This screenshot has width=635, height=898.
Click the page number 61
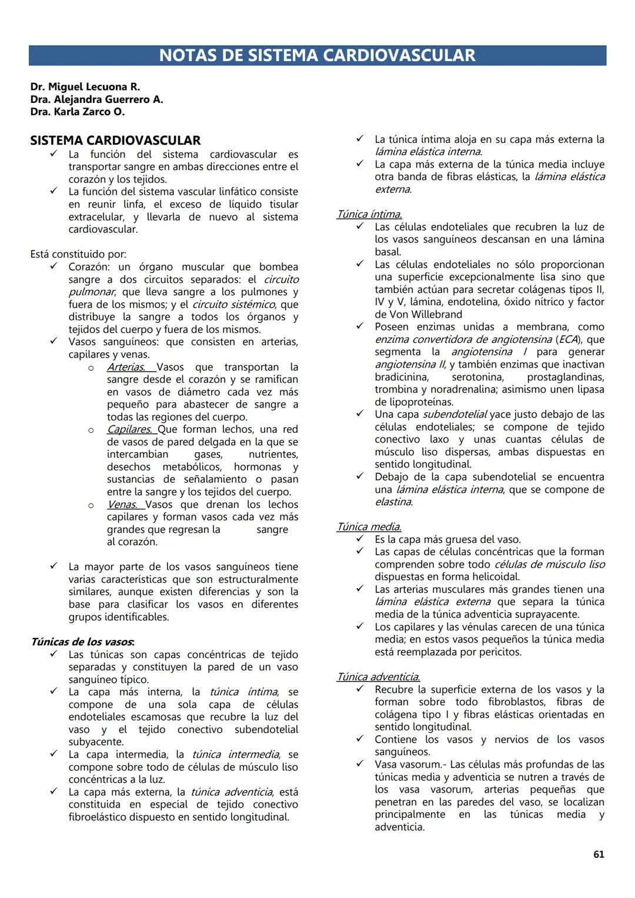(599, 854)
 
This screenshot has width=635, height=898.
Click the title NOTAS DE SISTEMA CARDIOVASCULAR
(317, 55)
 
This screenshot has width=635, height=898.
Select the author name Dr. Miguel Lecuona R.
(85, 87)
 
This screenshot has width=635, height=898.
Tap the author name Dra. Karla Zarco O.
(78, 112)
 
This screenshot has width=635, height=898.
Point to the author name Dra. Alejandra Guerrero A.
(97, 99)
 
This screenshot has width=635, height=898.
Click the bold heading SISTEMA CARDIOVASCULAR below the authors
(115, 141)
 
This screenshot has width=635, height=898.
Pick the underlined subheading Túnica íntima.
(369, 215)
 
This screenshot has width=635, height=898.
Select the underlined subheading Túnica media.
(369, 527)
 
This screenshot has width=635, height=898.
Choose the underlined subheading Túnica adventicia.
(378, 677)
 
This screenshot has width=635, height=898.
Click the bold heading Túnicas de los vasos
(82, 642)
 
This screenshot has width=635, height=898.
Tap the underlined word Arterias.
(126, 367)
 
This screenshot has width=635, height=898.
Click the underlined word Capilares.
(129, 429)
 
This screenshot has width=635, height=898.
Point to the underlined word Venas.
(122, 505)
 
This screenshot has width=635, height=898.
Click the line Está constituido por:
(78, 255)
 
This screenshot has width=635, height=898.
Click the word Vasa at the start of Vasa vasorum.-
(386, 765)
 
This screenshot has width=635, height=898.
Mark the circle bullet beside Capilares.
(91, 430)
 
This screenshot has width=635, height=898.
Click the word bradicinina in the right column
(402, 377)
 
